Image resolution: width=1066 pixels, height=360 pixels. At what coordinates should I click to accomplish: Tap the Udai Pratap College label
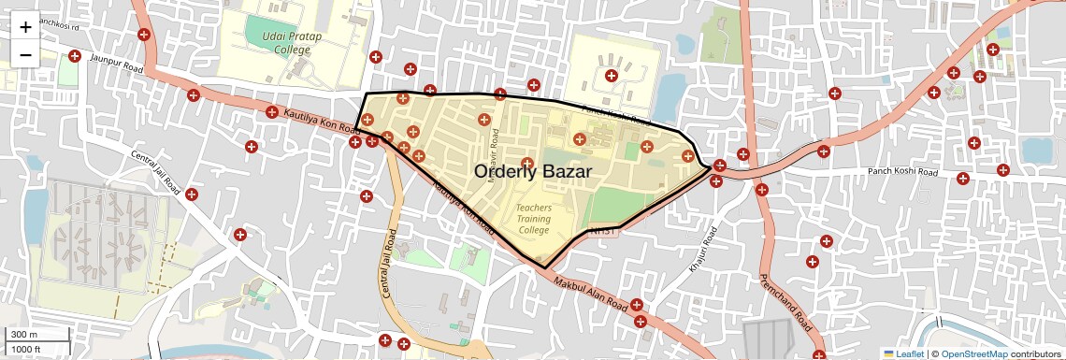[272, 42]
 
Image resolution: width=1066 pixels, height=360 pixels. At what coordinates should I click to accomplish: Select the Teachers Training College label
[534, 219]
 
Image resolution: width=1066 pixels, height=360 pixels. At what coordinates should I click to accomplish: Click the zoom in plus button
[25, 27]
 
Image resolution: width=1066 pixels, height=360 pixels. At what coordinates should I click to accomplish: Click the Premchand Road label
[784, 302]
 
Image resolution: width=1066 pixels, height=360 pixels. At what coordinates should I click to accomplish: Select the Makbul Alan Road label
[588, 293]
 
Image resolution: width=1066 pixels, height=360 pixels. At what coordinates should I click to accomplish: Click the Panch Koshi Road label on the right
[901, 172]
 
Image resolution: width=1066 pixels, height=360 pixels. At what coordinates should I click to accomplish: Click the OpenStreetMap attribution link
[974, 353]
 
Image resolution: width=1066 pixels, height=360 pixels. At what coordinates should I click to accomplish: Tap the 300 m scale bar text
[23, 335]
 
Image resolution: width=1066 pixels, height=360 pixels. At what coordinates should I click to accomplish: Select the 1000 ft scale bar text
[26, 349]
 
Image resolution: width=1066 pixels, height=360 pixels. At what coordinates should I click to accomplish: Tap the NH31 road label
[605, 231]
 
